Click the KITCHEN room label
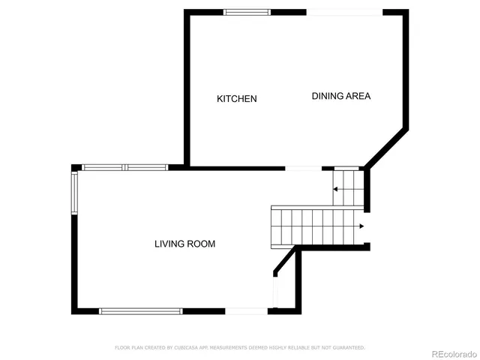coord(237,99)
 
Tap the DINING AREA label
coord(341,96)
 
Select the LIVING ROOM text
coord(184,244)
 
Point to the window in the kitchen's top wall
coord(247,12)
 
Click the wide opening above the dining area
coord(345,12)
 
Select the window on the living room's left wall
coord(74,193)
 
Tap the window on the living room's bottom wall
coord(141,310)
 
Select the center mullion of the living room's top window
coord(124,167)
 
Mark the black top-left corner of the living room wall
coord(75,168)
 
